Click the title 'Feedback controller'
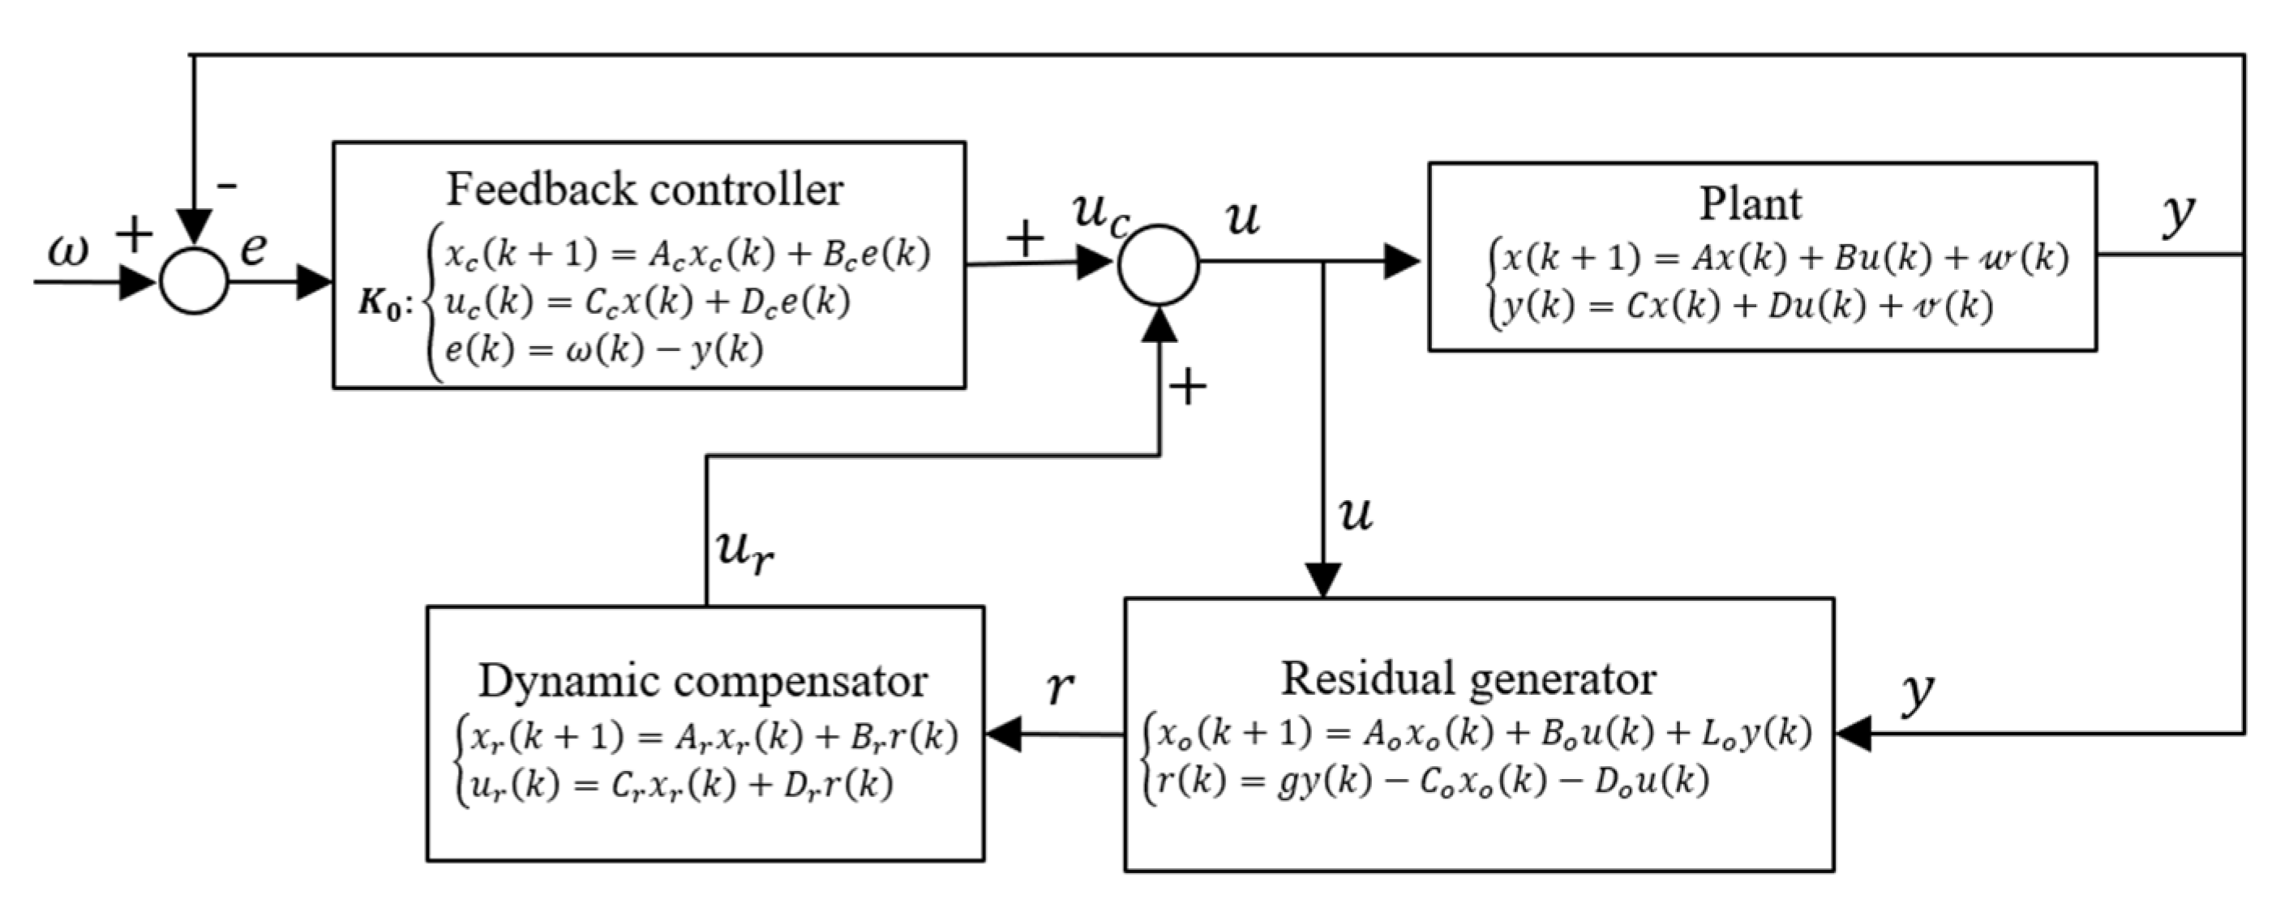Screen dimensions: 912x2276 point(644,190)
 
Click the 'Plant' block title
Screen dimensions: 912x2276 point(1750,204)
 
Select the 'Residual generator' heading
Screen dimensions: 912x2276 point(1468,679)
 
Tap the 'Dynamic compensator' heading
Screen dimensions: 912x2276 point(702,681)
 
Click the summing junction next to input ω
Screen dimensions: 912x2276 point(195,281)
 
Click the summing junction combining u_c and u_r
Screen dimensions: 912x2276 point(1159,264)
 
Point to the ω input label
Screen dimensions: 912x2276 point(68,252)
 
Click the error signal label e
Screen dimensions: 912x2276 point(254,248)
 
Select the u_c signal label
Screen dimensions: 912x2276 point(1099,214)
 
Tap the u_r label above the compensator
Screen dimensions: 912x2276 point(744,551)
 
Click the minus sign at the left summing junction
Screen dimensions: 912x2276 point(227,186)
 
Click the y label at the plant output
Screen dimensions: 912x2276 point(2178,214)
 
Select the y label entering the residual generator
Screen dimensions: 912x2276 point(1918,694)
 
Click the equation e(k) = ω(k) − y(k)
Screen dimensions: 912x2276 point(603,350)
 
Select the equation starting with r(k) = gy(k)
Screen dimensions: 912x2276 point(1432,781)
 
